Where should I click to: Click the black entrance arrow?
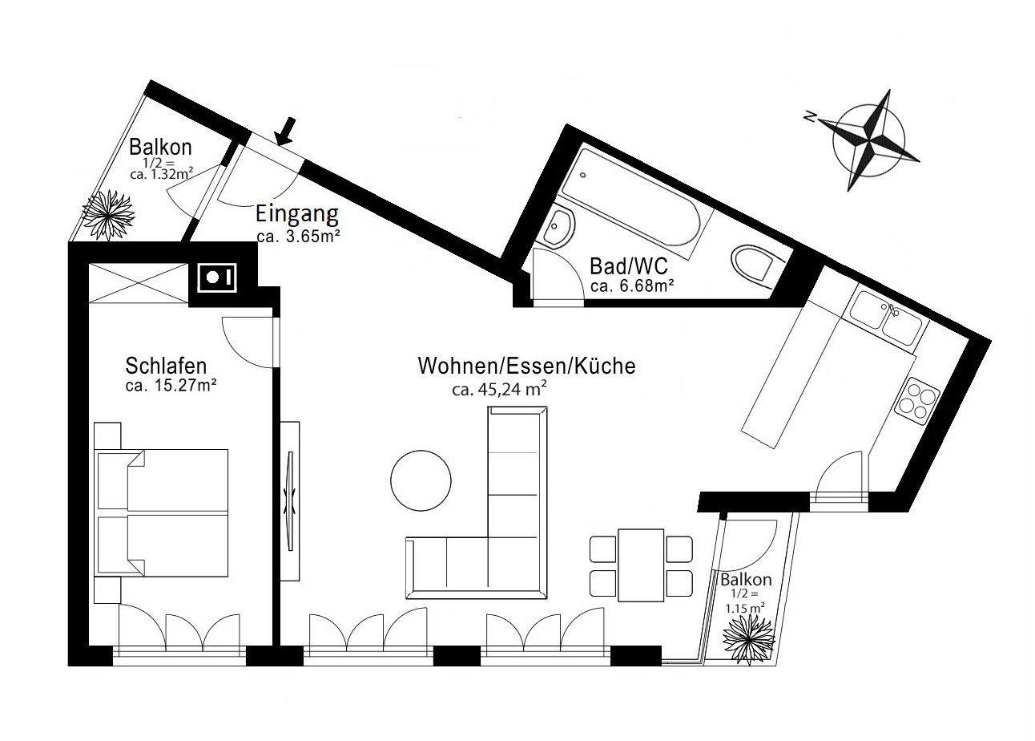point(285,131)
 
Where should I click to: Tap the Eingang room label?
point(297,215)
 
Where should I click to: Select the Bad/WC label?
point(628,265)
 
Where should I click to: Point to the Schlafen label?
point(166,366)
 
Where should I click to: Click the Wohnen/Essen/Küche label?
point(526,366)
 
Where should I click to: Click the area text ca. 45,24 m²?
point(499,391)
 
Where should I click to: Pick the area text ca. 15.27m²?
point(172,386)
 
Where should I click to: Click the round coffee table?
point(421,480)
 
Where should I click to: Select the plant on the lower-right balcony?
point(749,638)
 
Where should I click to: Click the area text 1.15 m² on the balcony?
point(745,608)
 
